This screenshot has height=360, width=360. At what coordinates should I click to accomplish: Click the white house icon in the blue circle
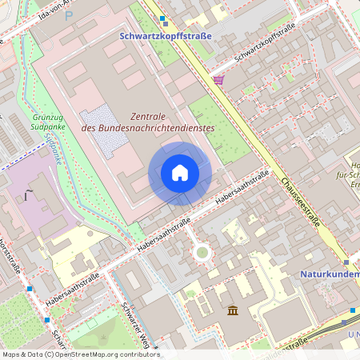(180, 173)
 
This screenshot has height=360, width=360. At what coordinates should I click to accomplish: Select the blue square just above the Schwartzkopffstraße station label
(162, 18)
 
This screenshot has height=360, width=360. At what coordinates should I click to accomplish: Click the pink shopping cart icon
(218, 80)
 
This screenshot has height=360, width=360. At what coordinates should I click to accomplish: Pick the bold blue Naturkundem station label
(330, 274)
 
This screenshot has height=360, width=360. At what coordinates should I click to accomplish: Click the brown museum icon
(232, 310)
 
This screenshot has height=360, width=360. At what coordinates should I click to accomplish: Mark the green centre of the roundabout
(202, 253)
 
